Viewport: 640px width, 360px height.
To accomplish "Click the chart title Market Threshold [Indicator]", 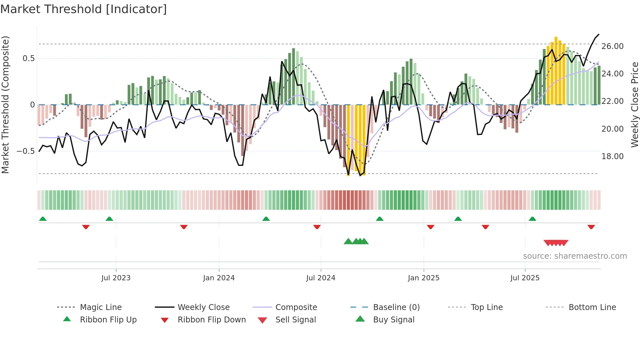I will [84, 9].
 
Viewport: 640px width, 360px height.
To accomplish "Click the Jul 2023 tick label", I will [116, 278].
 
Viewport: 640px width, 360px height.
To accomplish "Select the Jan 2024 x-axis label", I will [219, 278].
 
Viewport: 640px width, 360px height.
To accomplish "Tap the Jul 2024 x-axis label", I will [321, 278].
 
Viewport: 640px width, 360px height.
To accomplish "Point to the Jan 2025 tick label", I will [424, 278].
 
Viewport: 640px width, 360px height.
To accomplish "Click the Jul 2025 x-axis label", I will [525, 278].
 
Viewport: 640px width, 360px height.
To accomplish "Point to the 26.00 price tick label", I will [613, 46].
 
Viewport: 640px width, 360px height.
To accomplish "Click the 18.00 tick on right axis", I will [613, 156].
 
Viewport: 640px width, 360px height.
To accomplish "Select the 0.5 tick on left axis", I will [28, 58].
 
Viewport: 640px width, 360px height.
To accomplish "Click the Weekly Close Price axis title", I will [634, 105].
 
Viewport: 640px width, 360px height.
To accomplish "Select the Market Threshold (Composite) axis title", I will [5, 105].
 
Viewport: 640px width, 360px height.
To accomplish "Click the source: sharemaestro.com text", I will [575, 256].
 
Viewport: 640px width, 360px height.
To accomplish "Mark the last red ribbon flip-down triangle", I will [591, 227].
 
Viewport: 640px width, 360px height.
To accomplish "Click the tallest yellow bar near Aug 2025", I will [556, 70].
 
